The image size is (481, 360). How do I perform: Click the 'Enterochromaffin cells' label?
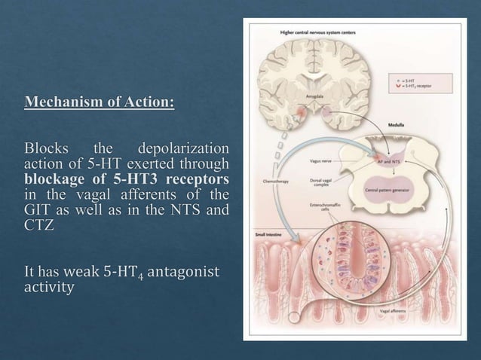[x=325, y=207]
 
